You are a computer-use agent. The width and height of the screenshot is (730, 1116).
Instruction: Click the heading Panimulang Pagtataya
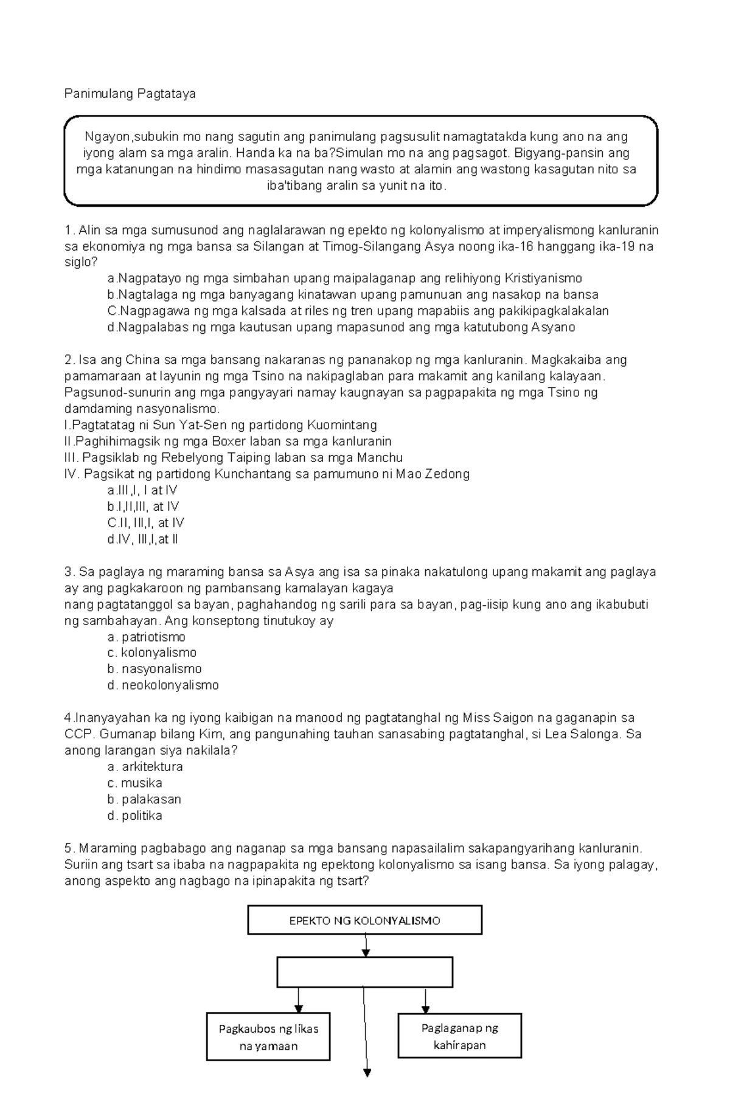(130, 94)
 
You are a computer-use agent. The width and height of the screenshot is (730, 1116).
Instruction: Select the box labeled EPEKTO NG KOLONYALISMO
(364, 920)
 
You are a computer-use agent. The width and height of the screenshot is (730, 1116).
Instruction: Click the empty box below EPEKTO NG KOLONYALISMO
(365, 972)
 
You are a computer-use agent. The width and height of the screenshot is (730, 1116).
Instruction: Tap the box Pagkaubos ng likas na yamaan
(268, 1037)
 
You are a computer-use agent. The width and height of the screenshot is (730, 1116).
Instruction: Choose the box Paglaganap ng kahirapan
(460, 1036)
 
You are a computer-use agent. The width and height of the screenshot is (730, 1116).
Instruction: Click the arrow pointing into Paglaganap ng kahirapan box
(425, 1000)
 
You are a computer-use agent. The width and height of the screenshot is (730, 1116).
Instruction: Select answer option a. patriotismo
(147, 637)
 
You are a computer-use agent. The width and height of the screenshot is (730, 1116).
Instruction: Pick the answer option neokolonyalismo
(163, 685)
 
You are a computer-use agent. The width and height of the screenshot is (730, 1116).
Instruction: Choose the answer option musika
(135, 783)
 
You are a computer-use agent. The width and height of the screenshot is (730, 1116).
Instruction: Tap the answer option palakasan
(145, 799)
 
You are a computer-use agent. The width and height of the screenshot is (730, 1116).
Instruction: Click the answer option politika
(135, 816)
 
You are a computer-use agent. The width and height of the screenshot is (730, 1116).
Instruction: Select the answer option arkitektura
(145, 766)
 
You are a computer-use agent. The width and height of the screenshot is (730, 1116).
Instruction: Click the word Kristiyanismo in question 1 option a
(543, 279)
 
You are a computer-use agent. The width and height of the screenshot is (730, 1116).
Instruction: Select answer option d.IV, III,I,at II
(142, 539)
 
